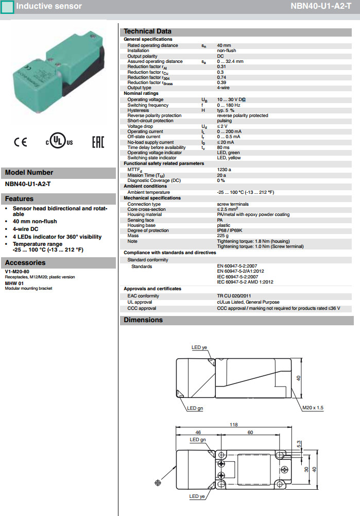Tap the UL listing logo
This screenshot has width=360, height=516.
(x=59, y=142)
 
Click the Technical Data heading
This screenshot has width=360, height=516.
(x=147, y=31)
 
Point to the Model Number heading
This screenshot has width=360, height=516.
(x=29, y=173)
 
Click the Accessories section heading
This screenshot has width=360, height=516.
(x=26, y=262)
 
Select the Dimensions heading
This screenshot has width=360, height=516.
(x=143, y=320)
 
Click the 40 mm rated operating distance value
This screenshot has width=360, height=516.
(x=224, y=45)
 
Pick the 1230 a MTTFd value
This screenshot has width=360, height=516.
(x=224, y=170)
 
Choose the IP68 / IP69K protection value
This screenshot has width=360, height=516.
(x=229, y=230)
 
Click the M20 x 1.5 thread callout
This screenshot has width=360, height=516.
(x=313, y=408)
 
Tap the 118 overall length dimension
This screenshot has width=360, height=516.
(x=233, y=425)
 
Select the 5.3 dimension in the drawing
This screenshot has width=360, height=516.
(x=299, y=443)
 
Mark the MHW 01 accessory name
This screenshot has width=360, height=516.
(x=14, y=284)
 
